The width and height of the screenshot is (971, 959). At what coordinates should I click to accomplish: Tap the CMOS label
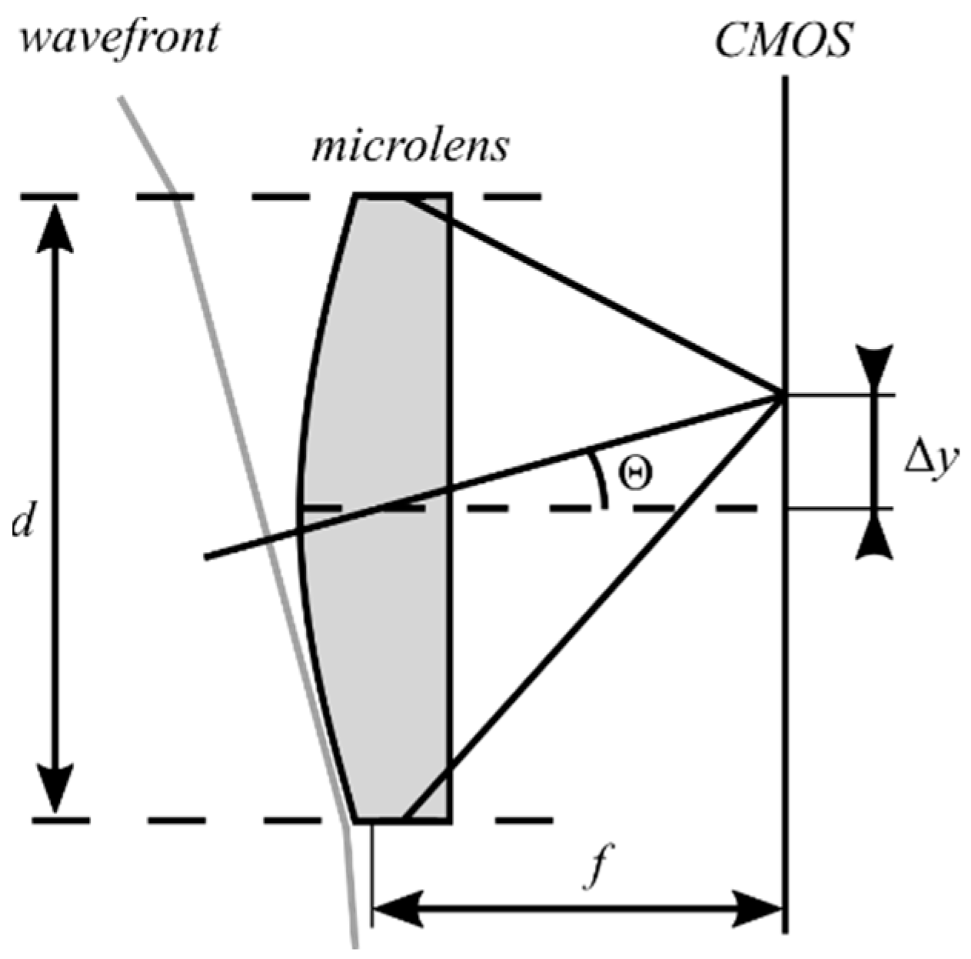point(783,39)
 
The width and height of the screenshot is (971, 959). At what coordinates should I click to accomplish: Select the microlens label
point(410,145)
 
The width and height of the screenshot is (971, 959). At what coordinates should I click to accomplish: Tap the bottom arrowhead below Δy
point(877,538)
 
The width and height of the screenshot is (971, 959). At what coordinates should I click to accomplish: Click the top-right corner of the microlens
point(450,198)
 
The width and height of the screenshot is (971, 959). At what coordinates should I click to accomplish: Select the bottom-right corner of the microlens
point(450,821)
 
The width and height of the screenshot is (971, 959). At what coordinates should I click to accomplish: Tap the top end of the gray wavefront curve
point(120,98)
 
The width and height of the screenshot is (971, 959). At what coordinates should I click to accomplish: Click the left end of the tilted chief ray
point(206,558)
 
